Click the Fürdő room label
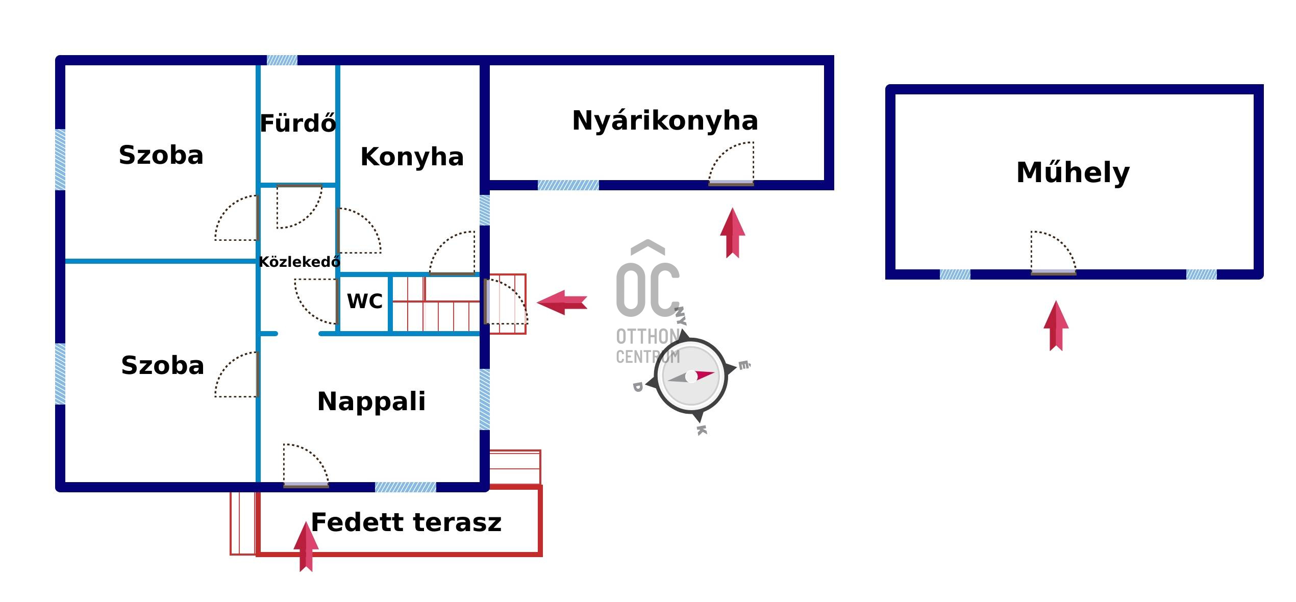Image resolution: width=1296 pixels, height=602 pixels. [x=298, y=123]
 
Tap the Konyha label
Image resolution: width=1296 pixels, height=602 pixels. [x=412, y=157]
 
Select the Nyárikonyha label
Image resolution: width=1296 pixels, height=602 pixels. [x=665, y=121]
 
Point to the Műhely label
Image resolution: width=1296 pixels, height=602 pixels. [x=1073, y=172]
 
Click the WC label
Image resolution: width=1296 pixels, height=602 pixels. [x=364, y=301]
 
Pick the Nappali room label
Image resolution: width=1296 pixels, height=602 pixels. [x=371, y=401]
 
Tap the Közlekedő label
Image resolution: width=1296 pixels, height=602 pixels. [x=299, y=262]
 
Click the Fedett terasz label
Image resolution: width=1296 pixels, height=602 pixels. [x=406, y=522]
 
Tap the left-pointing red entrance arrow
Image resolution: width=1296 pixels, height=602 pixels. [x=562, y=303]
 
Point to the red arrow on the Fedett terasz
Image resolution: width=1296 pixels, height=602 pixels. [x=306, y=546]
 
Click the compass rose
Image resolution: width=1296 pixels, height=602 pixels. [x=691, y=377]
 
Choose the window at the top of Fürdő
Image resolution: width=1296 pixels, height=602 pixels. [x=282, y=60]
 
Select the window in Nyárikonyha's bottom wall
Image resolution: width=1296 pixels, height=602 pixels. [x=568, y=185]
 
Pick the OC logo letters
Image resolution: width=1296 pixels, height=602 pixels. [x=647, y=288]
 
